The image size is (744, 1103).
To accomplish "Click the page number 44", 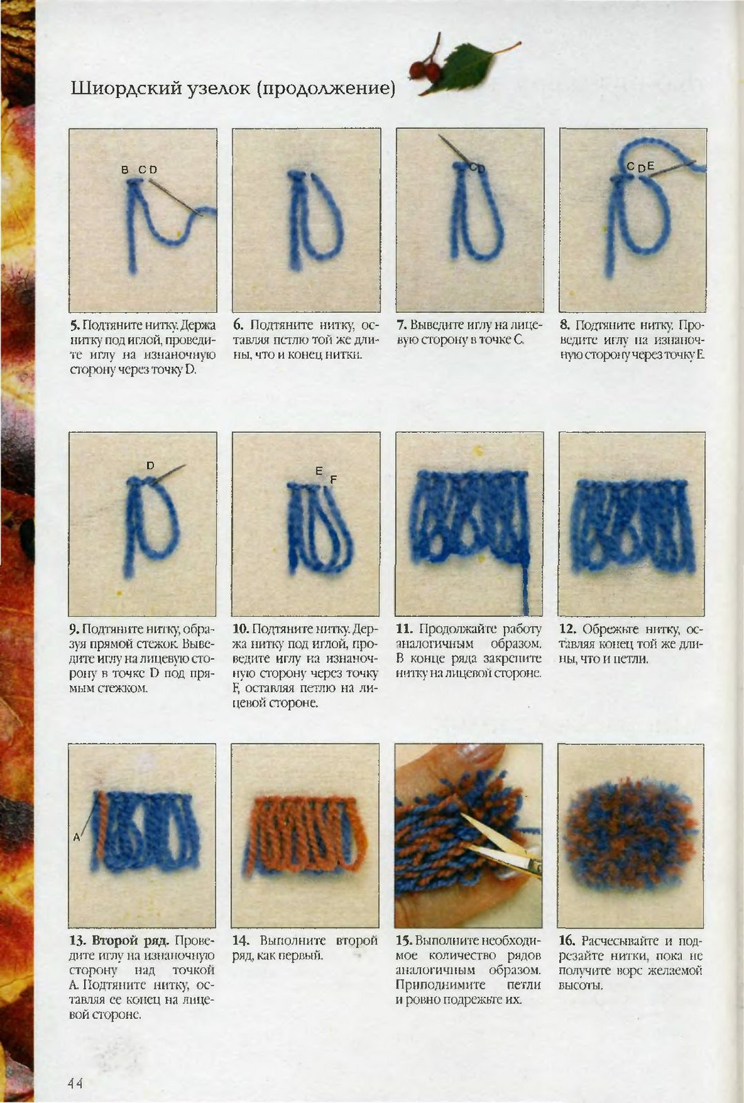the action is (x=76, y=1083).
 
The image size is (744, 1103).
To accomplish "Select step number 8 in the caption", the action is (x=564, y=325).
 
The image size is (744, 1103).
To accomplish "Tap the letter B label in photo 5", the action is (x=125, y=170).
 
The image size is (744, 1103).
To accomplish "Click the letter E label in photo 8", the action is (x=650, y=166).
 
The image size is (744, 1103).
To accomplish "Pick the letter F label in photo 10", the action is (x=333, y=479).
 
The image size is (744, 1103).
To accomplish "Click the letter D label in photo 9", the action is (x=151, y=465).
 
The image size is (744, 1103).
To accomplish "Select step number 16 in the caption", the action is (x=567, y=940).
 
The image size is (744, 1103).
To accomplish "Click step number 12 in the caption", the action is (x=567, y=629).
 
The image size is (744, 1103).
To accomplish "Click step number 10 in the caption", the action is (x=240, y=629).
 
